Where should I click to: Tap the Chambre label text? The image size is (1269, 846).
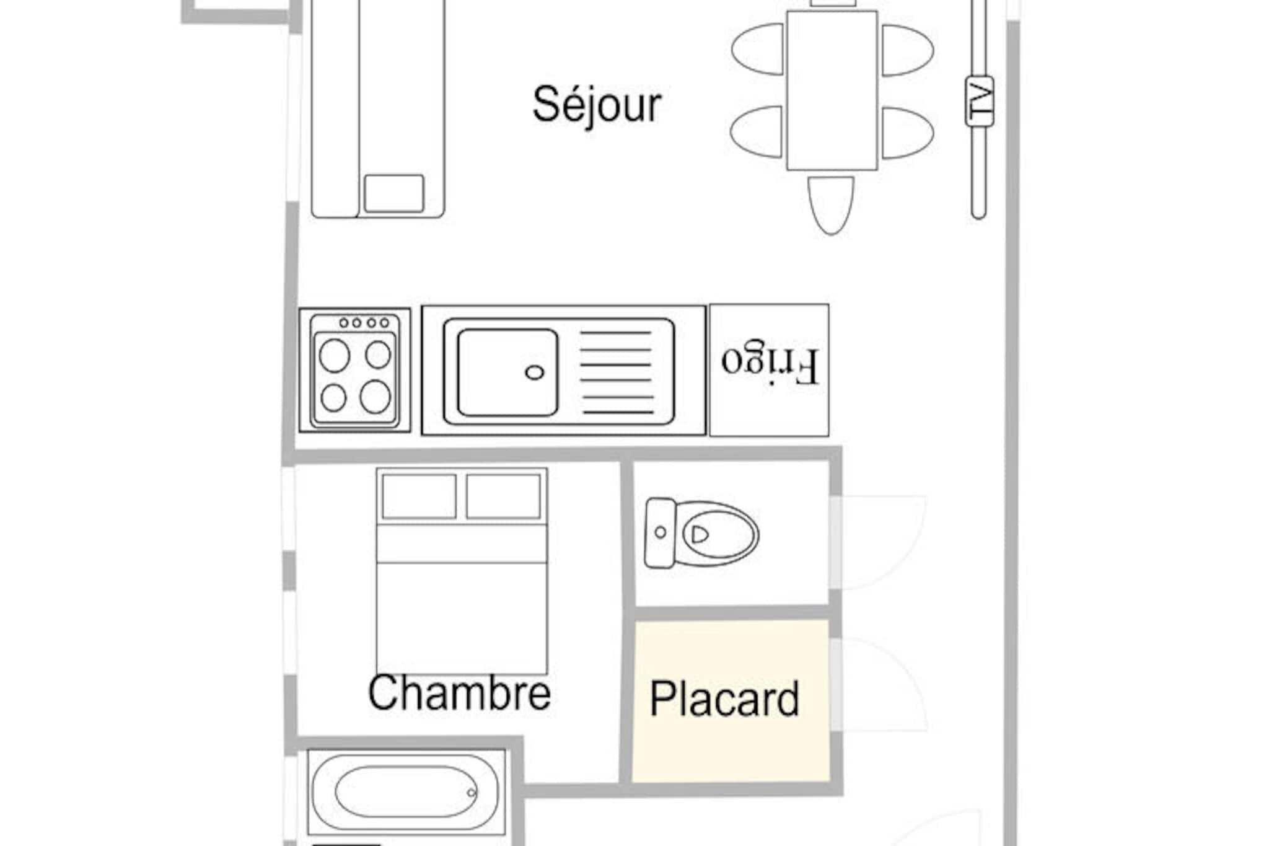[x=459, y=693]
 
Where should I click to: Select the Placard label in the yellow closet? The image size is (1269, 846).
[x=724, y=699]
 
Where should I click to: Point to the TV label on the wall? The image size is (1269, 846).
[x=980, y=101]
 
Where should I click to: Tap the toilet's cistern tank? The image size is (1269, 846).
[x=660, y=533]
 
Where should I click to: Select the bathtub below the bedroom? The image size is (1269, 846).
[x=406, y=791]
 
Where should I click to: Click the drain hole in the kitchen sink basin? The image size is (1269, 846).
[x=534, y=372]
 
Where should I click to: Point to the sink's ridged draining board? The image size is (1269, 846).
[x=617, y=372]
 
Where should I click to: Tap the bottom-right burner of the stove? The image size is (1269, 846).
[x=375, y=397]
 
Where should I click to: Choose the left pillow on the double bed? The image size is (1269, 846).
[x=419, y=496]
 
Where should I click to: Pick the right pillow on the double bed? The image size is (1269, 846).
[x=503, y=496]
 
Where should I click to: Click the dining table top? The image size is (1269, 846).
[x=832, y=90]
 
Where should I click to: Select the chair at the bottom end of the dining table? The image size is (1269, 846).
[x=831, y=205]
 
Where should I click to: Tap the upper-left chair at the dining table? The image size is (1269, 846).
[x=758, y=50]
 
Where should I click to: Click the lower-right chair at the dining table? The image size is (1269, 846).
[x=908, y=133]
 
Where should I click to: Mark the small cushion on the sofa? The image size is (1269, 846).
[x=394, y=193]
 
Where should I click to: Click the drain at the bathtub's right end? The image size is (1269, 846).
[x=472, y=792]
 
